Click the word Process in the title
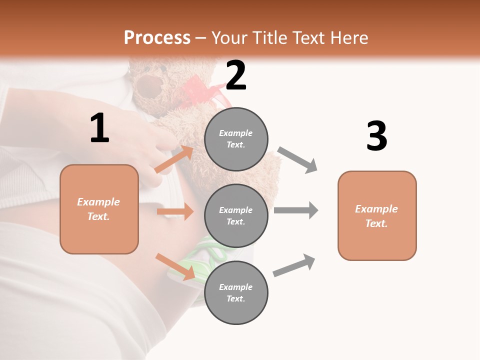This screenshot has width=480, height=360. (x=157, y=37)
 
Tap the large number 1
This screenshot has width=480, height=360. (x=99, y=128)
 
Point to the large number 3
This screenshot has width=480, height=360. (x=376, y=136)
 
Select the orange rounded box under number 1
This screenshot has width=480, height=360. (x=99, y=209)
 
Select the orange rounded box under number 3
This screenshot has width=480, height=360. (x=377, y=215)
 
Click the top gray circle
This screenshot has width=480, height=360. (x=236, y=139)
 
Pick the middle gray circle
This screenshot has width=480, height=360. (x=236, y=215)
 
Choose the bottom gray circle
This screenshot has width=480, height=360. (x=236, y=292)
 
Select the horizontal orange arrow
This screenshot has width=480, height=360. (x=175, y=211)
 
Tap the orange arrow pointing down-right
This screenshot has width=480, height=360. (x=175, y=266)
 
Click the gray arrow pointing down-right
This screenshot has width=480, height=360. (x=297, y=160)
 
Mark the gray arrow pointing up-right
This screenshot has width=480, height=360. (x=294, y=265)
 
